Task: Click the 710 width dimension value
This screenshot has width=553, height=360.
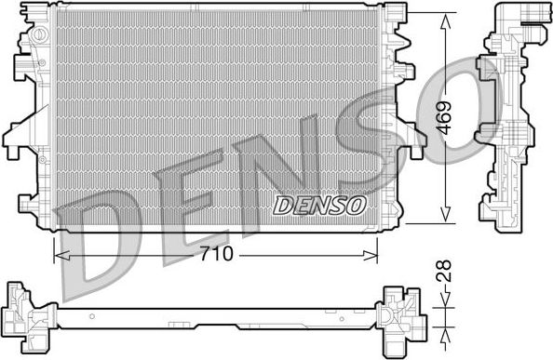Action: pos(215,254)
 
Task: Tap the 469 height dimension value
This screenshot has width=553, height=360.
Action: pos(449,119)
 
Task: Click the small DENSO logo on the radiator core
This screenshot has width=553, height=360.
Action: pos(319,205)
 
